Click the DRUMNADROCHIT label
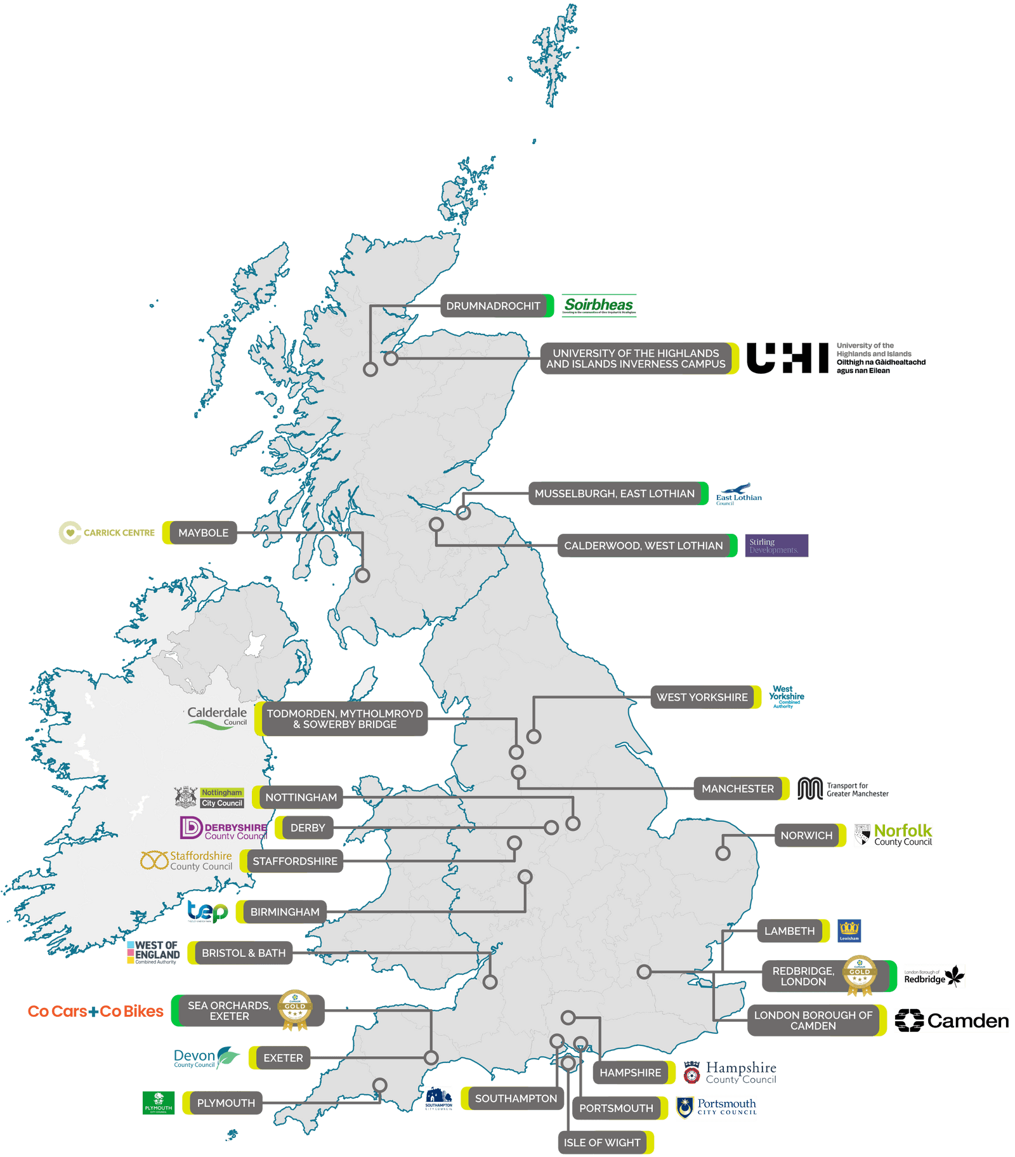[494, 306]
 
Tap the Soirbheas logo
[599, 306]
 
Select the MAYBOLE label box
[203, 532]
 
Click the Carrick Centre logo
[107, 532]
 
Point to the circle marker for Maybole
[362, 576]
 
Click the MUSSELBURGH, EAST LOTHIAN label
[614, 493]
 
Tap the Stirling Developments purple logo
[776, 545]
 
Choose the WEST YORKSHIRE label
[702, 697]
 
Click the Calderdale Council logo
[217, 717]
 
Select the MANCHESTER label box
[737, 788]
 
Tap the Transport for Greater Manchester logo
[842, 789]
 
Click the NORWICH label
[806, 835]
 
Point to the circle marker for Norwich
[723, 854]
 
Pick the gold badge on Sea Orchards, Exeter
[295, 1009]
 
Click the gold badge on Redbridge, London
[860, 974]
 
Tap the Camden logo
[951, 1021]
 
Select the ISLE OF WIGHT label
[602, 1142]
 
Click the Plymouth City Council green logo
[158, 1103]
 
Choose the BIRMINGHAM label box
[285, 912]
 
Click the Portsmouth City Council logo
[716, 1107]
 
